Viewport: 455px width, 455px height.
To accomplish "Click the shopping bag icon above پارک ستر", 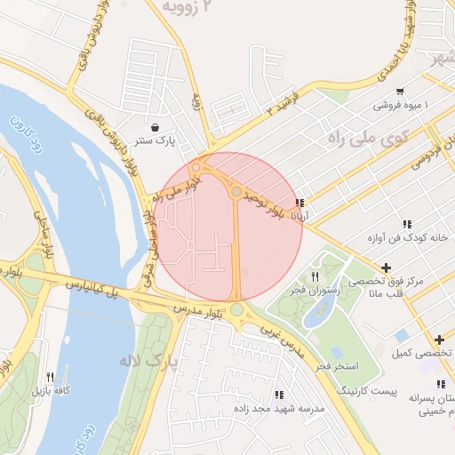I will [156, 127].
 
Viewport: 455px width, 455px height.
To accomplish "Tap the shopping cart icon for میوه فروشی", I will [400, 91].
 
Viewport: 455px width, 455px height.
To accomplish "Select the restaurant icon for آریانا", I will [300, 204].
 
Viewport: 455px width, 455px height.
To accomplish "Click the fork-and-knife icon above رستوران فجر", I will [315, 277].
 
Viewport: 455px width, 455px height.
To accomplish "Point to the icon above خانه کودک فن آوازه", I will [407, 225].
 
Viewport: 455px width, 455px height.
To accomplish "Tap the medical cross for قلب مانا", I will [386, 267].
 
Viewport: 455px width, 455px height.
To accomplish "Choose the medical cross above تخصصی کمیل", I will [439, 339].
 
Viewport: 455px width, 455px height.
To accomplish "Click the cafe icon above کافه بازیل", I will [50, 377].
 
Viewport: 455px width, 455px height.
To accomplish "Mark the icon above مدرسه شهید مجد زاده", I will [279, 395].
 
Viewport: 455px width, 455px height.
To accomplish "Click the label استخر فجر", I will [338, 366].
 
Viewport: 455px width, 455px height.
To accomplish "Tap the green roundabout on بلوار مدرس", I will [236, 310].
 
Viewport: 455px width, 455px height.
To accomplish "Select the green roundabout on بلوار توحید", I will [235, 191].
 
